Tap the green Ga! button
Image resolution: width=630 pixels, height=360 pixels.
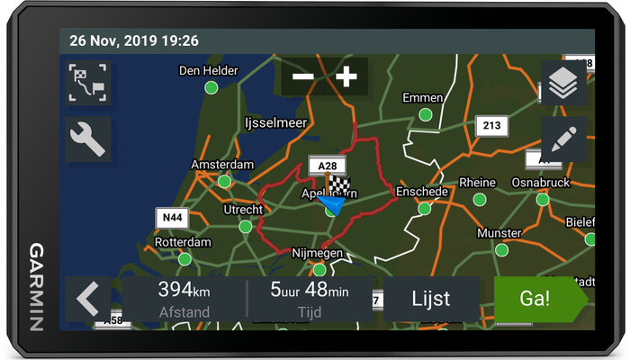coord(536,299)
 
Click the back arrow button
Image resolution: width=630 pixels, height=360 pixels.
coord(88,299)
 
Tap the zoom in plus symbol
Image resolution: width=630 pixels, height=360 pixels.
coord(346,76)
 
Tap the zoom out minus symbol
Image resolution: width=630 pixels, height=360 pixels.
coord(303,76)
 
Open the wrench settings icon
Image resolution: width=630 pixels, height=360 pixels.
coord(88,139)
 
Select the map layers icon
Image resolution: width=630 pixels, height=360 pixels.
coord(563,85)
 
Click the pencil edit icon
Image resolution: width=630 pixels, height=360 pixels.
coord(563,139)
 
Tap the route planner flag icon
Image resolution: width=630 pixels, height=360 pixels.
coord(88,84)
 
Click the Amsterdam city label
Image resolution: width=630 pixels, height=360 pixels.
coord(222,165)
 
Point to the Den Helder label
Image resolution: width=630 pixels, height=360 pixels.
coord(208,70)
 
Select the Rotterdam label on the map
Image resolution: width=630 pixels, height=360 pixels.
coord(183,242)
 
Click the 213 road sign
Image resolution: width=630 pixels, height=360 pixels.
coord(490,124)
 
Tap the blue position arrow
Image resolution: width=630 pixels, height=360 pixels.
coord(330,204)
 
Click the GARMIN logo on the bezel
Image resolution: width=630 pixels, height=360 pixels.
coord(37,286)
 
